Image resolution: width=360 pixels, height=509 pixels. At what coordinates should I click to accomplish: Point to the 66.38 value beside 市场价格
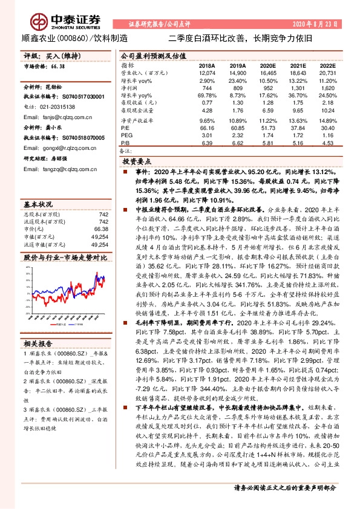click(x=58, y=68)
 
